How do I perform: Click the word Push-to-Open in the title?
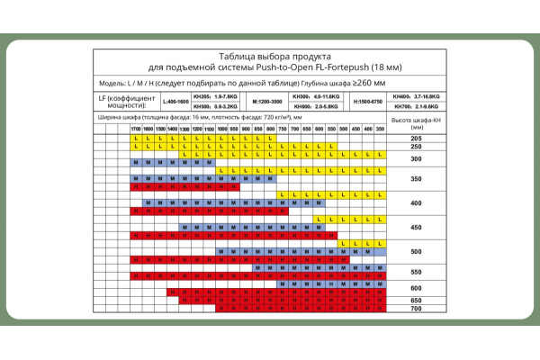280,67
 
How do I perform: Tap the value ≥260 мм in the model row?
370,82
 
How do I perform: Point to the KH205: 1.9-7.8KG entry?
216,95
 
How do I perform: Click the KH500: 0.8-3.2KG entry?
216,107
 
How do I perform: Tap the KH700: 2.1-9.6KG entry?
416,107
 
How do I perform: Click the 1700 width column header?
135,130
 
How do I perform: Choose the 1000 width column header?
221,130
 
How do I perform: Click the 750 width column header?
282,130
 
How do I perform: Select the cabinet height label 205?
416,139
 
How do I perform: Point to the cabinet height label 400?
416,203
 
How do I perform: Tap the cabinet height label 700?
416,309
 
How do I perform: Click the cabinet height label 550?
416,271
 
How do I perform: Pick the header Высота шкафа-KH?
416,122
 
